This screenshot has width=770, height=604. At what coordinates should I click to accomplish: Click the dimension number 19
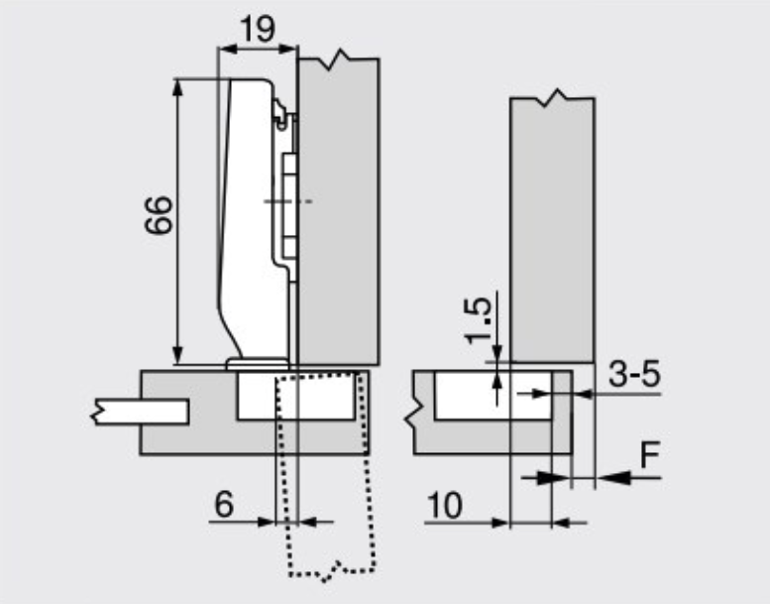tap(259, 29)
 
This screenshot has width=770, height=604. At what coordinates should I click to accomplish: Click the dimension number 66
tap(160, 215)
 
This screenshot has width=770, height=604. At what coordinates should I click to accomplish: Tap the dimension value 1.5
tap(478, 320)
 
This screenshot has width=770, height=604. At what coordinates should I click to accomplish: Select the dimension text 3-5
tap(634, 374)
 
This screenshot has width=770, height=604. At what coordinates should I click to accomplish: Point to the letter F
tap(651, 454)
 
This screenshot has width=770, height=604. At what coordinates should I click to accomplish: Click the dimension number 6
tap(224, 504)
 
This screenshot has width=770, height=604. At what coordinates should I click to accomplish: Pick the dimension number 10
tap(445, 505)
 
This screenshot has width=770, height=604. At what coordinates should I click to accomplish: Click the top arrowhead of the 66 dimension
tap(178, 87)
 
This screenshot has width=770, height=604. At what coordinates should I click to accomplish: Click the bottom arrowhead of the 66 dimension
tap(178, 355)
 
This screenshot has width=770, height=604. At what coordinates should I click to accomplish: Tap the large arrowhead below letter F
tap(614, 477)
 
